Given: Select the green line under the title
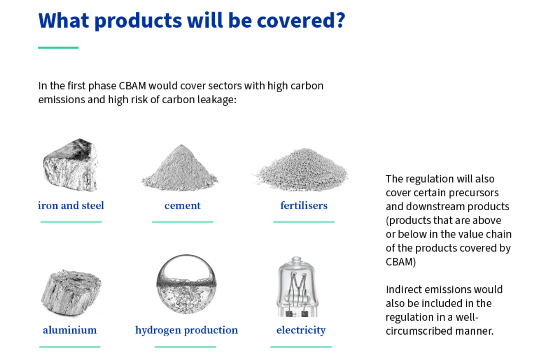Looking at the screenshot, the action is [58, 48].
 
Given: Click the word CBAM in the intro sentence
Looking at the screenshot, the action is [133, 86].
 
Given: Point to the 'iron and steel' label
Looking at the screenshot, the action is [71, 206].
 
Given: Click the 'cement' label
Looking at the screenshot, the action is [182, 206].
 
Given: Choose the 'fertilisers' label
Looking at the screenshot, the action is [304, 206].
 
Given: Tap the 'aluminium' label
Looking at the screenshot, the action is [70, 330].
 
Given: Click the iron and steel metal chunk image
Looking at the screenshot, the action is [71, 165].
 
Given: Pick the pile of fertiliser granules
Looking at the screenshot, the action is [302, 170].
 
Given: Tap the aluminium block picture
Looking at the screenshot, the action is [71, 292].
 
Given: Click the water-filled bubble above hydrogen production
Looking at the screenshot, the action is [186, 284].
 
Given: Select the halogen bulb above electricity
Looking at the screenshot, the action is [297, 287].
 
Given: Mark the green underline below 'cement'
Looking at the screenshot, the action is [182, 222].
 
